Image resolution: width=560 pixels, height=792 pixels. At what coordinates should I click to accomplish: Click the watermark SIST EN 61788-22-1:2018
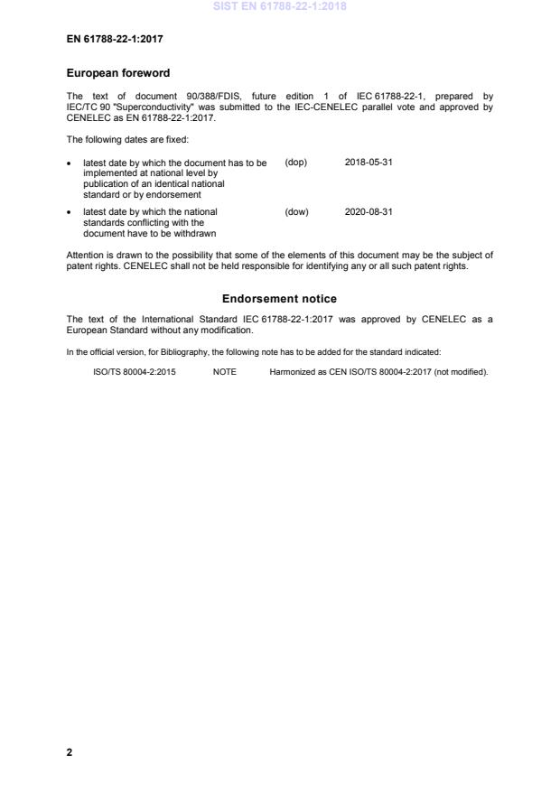pyautogui.click(x=279, y=7)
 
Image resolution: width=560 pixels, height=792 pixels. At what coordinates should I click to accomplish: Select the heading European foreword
pyautogui.click(x=117, y=73)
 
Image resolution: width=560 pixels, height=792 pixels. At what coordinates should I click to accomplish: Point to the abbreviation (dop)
pyautogui.click(x=296, y=163)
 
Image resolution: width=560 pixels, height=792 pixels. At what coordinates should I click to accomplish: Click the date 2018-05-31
pyautogui.click(x=369, y=163)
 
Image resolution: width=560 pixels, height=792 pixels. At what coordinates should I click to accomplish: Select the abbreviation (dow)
pyautogui.click(x=296, y=212)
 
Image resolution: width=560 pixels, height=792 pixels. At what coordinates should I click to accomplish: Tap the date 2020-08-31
pyautogui.click(x=369, y=212)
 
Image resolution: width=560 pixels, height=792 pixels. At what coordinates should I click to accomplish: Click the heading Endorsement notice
pyautogui.click(x=279, y=298)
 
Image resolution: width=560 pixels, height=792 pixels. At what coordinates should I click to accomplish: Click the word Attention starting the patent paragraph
pyautogui.click(x=86, y=256)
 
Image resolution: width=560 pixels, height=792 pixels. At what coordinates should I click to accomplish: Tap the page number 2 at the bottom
pyautogui.click(x=70, y=751)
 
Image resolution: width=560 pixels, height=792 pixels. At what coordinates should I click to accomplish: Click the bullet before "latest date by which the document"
pyautogui.click(x=70, y=163)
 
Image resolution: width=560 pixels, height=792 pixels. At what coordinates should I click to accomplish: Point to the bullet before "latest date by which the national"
pyautogui.click(x=70, y=213)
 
